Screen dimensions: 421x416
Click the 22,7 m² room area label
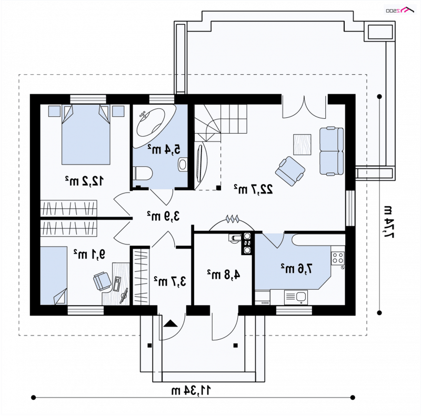pyautogui.click(x=253, y=189)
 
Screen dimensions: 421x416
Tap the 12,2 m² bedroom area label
pyautogui.click(x=84, y=180)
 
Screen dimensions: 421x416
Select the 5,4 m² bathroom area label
pyautogui.click(x=164, y=149)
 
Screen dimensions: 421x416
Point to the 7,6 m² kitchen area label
pyautogui.click(x=297, y=268)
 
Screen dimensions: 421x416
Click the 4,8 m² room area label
pyautogui.click(x=223, y=275)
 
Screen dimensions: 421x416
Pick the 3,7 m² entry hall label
pyautogui.click(x=170, y=281)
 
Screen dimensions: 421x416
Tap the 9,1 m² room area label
pyautogui.click(x=89, y=254)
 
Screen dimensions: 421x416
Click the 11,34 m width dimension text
pyautogui.click(x=191, y=390)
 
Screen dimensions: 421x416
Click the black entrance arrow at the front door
pyautogui.click(x=171, y=323)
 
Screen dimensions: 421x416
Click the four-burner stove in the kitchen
pyautogui.click(x=338, y=258)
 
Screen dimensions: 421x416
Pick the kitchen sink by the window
pyautogui.click(x=296, y=297)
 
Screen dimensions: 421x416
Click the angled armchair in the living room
pyautogui.click(x=290, y=171)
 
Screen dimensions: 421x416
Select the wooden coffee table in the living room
pyautogui.click(x=302, y=145)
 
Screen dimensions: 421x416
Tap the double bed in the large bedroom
pyautogui.click(x=86, y=135)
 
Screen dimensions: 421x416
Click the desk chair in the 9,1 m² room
pyautogui.click(x=102, y=281)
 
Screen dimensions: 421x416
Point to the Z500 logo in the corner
pyautogui.click(x=399, y=11)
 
